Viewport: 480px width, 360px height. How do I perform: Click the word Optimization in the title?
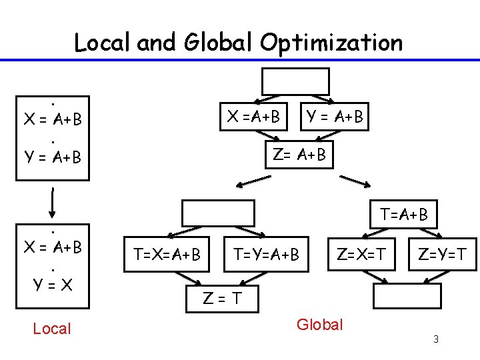pyautogui.click(x=332, y=43)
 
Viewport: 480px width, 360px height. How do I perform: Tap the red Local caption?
pyautogui.click(x=51, y=328)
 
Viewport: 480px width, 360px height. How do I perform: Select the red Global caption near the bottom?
pyautogui.click(x=320, y=325)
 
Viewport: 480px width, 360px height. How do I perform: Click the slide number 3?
pyautogui.click(x=435, y=340)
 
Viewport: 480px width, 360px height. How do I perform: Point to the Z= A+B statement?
pyautogui.click(x=299, y=155)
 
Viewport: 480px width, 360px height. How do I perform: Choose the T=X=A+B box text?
pyautogui.click(x=167, y=254)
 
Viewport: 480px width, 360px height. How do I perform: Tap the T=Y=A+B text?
pyautogui.click(x=266, y=254)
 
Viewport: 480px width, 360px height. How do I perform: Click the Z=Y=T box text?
pyautogui.click(x=442, y=253)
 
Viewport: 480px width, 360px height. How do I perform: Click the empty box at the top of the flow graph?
pyautogui.click(x=295, y=81)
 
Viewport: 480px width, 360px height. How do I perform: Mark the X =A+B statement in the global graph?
pyautogui.click(x=253, y=117)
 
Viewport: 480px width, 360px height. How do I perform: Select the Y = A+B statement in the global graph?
pyautogui.click(x=334, y=117)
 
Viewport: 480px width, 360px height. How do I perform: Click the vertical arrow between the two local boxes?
pyautogui.click(x=52, y=200)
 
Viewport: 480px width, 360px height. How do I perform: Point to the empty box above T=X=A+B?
pyautogui.click(x=218, y=213)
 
